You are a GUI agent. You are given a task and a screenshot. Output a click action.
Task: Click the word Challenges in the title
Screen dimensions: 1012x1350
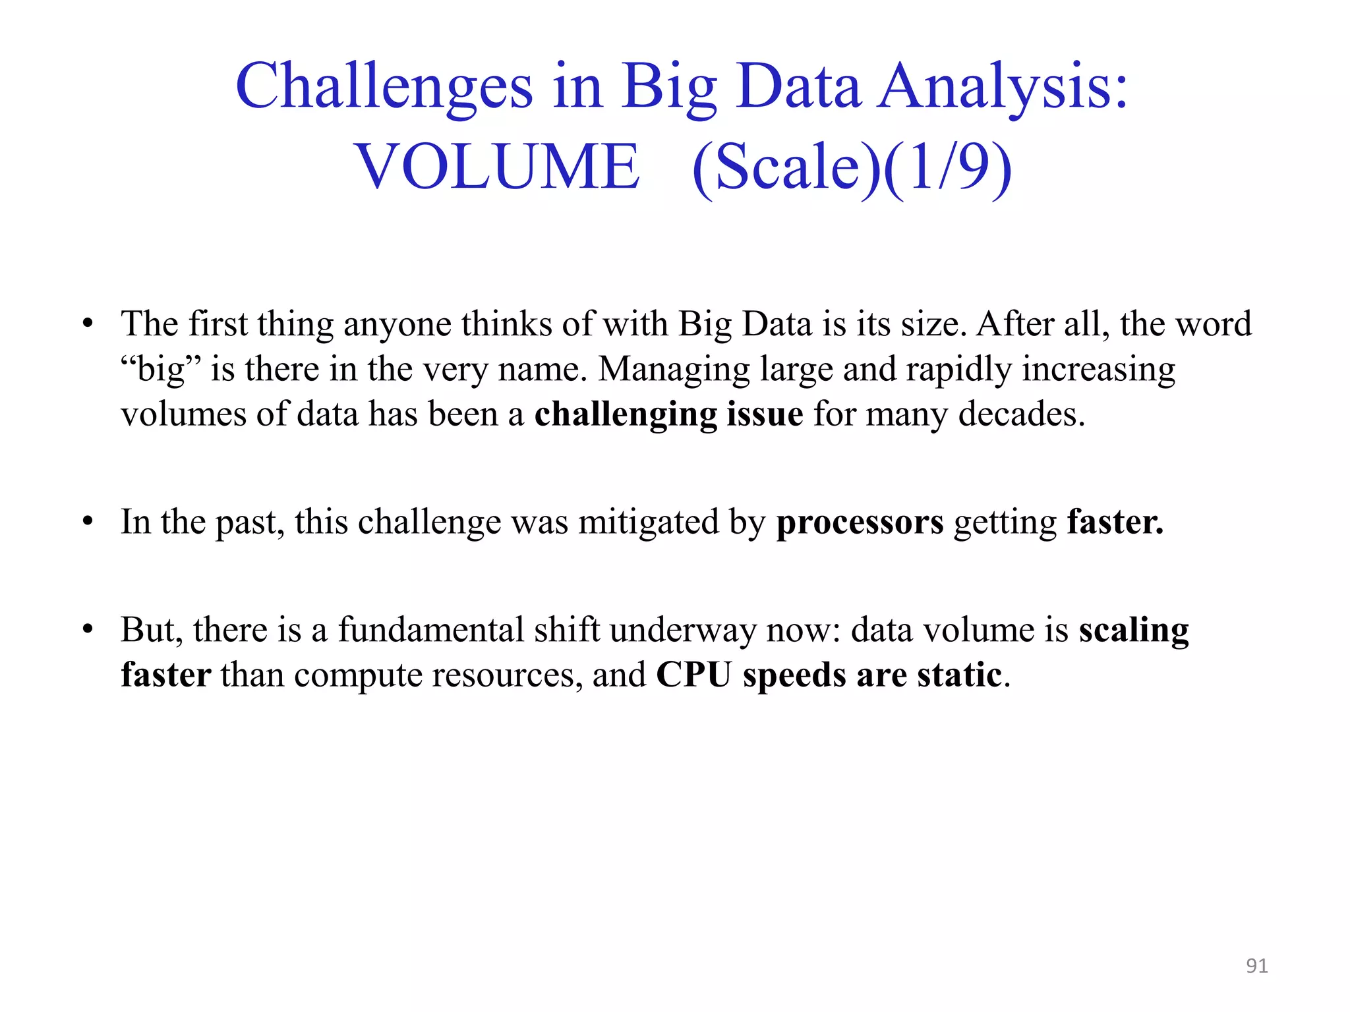point(384,87)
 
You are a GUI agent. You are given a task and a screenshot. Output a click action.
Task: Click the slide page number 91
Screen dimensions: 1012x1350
point(1256,966)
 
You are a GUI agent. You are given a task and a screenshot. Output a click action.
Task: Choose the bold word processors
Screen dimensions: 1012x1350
point(860,522)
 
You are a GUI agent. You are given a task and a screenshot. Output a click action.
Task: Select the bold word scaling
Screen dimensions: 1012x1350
point(1134,631)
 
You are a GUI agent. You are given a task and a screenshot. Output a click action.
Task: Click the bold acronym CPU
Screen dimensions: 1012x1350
point(693,675)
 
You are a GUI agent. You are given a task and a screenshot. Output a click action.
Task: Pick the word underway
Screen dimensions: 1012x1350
point(682,631)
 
